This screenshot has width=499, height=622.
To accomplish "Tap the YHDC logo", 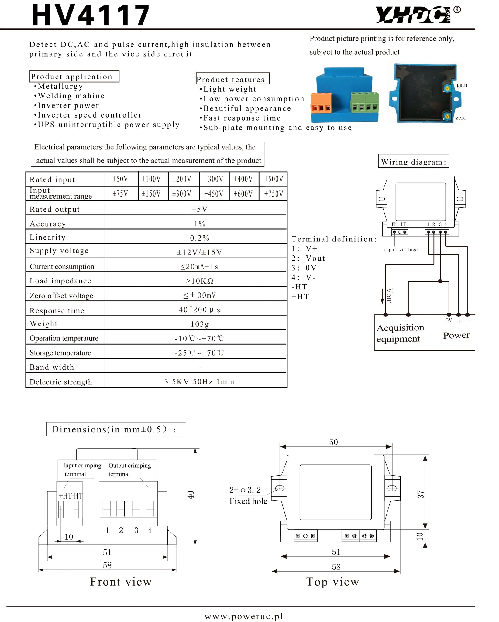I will pyautogui.click(x=413, y=15).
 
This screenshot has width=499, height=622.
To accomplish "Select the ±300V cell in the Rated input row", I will pyautogui.click(x=214, y=179).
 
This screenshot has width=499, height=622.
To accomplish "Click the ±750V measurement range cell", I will pyautogui.click(x=274, y=194).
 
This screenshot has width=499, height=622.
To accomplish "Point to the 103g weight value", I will pyautogui.click(x=200, y=324).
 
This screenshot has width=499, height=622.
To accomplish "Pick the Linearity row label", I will pyautogui.click(x=47, y=238).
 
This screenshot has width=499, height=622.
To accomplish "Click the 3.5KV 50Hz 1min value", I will pyautogui.click(x=200, y=382).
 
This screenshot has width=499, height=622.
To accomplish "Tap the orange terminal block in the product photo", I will pyautogui.click(x=321, y=103).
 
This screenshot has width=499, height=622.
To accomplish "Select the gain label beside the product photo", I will pyautogui.click(x=462, y=85).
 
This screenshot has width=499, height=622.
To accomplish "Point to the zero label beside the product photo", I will pyautogui.click(x=461, y=118).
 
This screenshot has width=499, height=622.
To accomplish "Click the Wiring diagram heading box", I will pyautogui.click(x=413, y=161).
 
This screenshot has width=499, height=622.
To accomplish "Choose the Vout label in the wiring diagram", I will pyautogui.click(x=389, y=296).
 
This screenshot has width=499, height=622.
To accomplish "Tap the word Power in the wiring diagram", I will pyautogui.click(x=456, y=335).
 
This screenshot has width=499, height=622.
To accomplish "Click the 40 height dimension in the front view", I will pyautogui.click(x=191, y=495).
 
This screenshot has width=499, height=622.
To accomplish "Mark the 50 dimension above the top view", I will pyautogui.click(x=333, y=442).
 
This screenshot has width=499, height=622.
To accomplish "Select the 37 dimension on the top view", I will pyautogui.click(x=420, y=494).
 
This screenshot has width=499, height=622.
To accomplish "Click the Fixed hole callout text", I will pyautogui.click(x=248, y=501).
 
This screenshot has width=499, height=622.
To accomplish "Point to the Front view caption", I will pyautogui.click(x=121, y=582).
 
